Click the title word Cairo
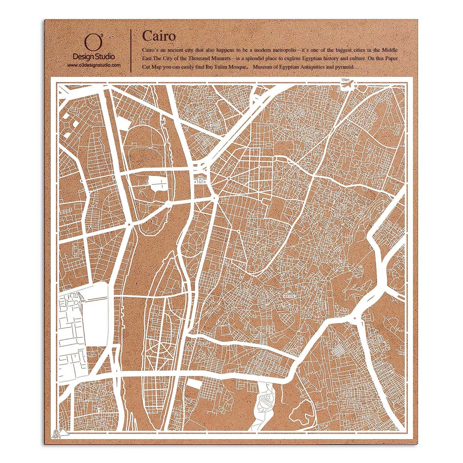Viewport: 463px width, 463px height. (x=159, y=36)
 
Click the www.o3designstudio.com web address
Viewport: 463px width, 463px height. (x=94, y=65)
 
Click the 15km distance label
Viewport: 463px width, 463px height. (x=345, y=80)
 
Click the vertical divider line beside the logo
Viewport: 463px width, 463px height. (x=132, y=50)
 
